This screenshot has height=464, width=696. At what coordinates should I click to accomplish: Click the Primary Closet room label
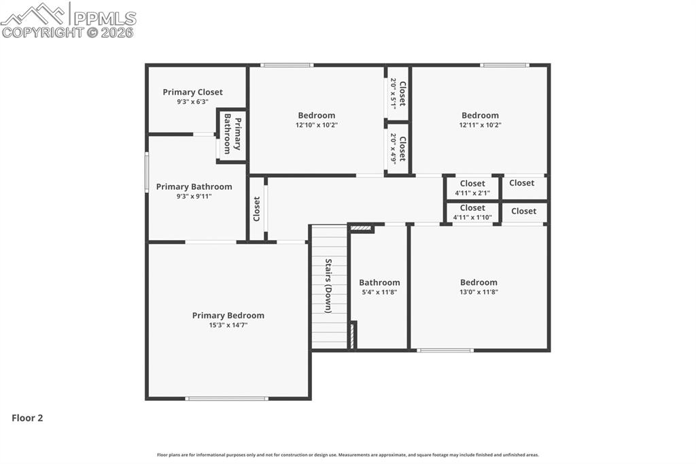click(x=192, y=92)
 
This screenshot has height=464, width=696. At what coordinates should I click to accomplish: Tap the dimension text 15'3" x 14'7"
click(x=228, y=325)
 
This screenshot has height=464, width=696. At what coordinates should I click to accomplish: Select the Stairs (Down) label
click(x=328, y=285)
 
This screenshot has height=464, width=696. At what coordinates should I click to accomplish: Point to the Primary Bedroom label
click(x=228, y=315)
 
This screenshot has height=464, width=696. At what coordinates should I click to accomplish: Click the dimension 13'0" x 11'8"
click(x=478, y=292)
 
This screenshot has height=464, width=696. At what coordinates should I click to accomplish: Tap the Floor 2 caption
click(x=27, y=418)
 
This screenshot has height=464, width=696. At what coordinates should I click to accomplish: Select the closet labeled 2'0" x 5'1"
click(x=398, y=93)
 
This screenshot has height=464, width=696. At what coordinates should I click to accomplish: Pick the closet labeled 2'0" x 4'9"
click(x=398, y=148)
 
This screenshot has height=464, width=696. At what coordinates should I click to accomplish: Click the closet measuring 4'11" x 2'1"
click(x=472, y=188)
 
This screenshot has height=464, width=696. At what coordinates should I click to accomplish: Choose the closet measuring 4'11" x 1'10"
click(x=472, y=212)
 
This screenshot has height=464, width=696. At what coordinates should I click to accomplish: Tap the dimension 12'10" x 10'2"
click(x=316, y=125)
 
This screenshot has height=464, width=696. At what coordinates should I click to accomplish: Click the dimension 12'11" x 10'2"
click(x=480, y=125)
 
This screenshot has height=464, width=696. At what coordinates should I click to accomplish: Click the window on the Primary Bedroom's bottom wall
click(x=227, y=399)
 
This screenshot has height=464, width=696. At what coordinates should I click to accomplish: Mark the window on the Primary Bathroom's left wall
click(x=146, y=171)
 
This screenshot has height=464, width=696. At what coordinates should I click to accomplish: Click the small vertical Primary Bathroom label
click(x=232, y=135)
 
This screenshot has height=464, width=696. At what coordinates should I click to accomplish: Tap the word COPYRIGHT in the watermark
click(x=42, y=32)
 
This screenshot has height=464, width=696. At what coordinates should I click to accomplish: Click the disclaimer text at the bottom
click(x=348, y=455)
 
